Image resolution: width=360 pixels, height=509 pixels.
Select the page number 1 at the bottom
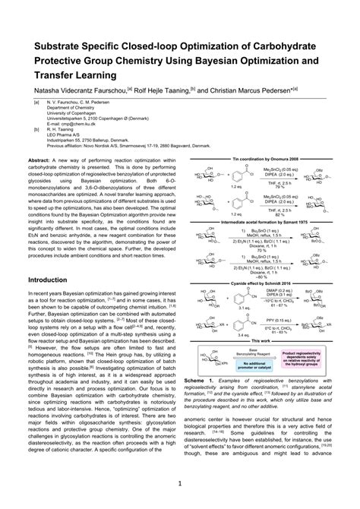click(179, 483)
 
